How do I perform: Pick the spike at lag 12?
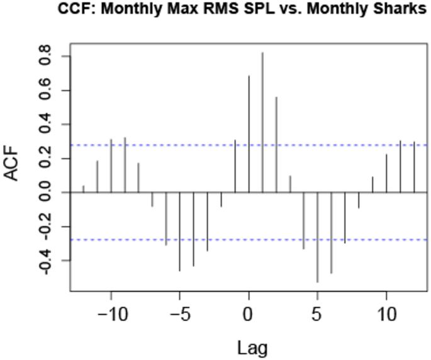point(413,167)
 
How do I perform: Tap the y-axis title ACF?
point(14,165)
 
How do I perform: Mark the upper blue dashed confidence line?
point(352,145)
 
